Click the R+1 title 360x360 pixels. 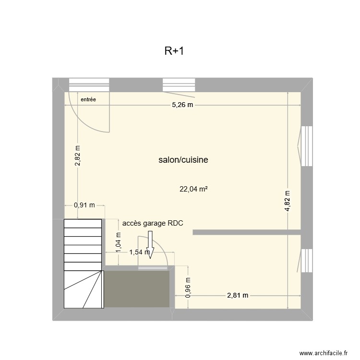tap(174, 51)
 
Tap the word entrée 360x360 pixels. tap(88, 100)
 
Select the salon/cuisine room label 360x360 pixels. tap(183, 160)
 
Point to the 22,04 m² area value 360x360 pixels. tap(193, 189)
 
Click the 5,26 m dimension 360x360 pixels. tap(183, 106)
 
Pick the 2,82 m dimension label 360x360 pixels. tap(78, 156)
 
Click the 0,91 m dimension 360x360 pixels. tap(84, 205)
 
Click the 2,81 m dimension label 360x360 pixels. tap(237, 295)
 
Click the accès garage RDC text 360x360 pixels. tap(153, 223)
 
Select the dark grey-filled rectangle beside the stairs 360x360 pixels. tap(138, 289)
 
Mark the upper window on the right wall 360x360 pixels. tap(306, 146)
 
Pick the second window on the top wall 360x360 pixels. tap(179, 84)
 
